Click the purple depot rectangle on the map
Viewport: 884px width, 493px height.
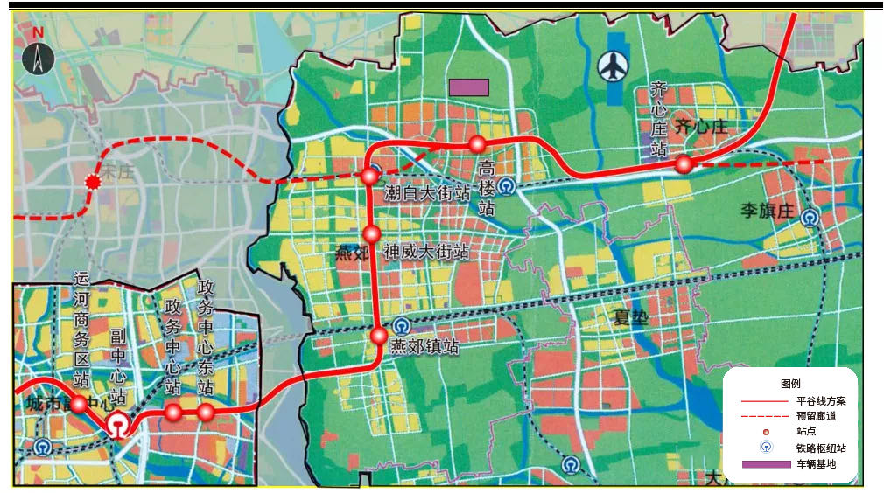(468, 87)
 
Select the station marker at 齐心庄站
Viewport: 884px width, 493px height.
(684, 163)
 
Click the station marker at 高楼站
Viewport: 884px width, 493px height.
(477, 144)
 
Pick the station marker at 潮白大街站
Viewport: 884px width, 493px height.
(369, 177)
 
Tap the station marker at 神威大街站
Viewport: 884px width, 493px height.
(372, 233)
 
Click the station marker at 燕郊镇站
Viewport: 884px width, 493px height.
(379, 336)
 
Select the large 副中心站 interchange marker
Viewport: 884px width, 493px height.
(116, 425)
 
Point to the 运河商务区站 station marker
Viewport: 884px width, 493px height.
(78, 404)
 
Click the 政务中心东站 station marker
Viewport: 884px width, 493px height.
(206, 412)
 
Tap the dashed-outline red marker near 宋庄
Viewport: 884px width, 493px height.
(91, 182)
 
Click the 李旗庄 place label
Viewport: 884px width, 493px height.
(767, 211)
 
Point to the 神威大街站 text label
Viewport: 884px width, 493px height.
(426, 253)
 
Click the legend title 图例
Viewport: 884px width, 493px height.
(791, 384)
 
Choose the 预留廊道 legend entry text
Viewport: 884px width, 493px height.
(816, 416)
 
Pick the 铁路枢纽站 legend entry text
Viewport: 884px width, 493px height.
(821, 448)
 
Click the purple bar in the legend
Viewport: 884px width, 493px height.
(766, 464)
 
